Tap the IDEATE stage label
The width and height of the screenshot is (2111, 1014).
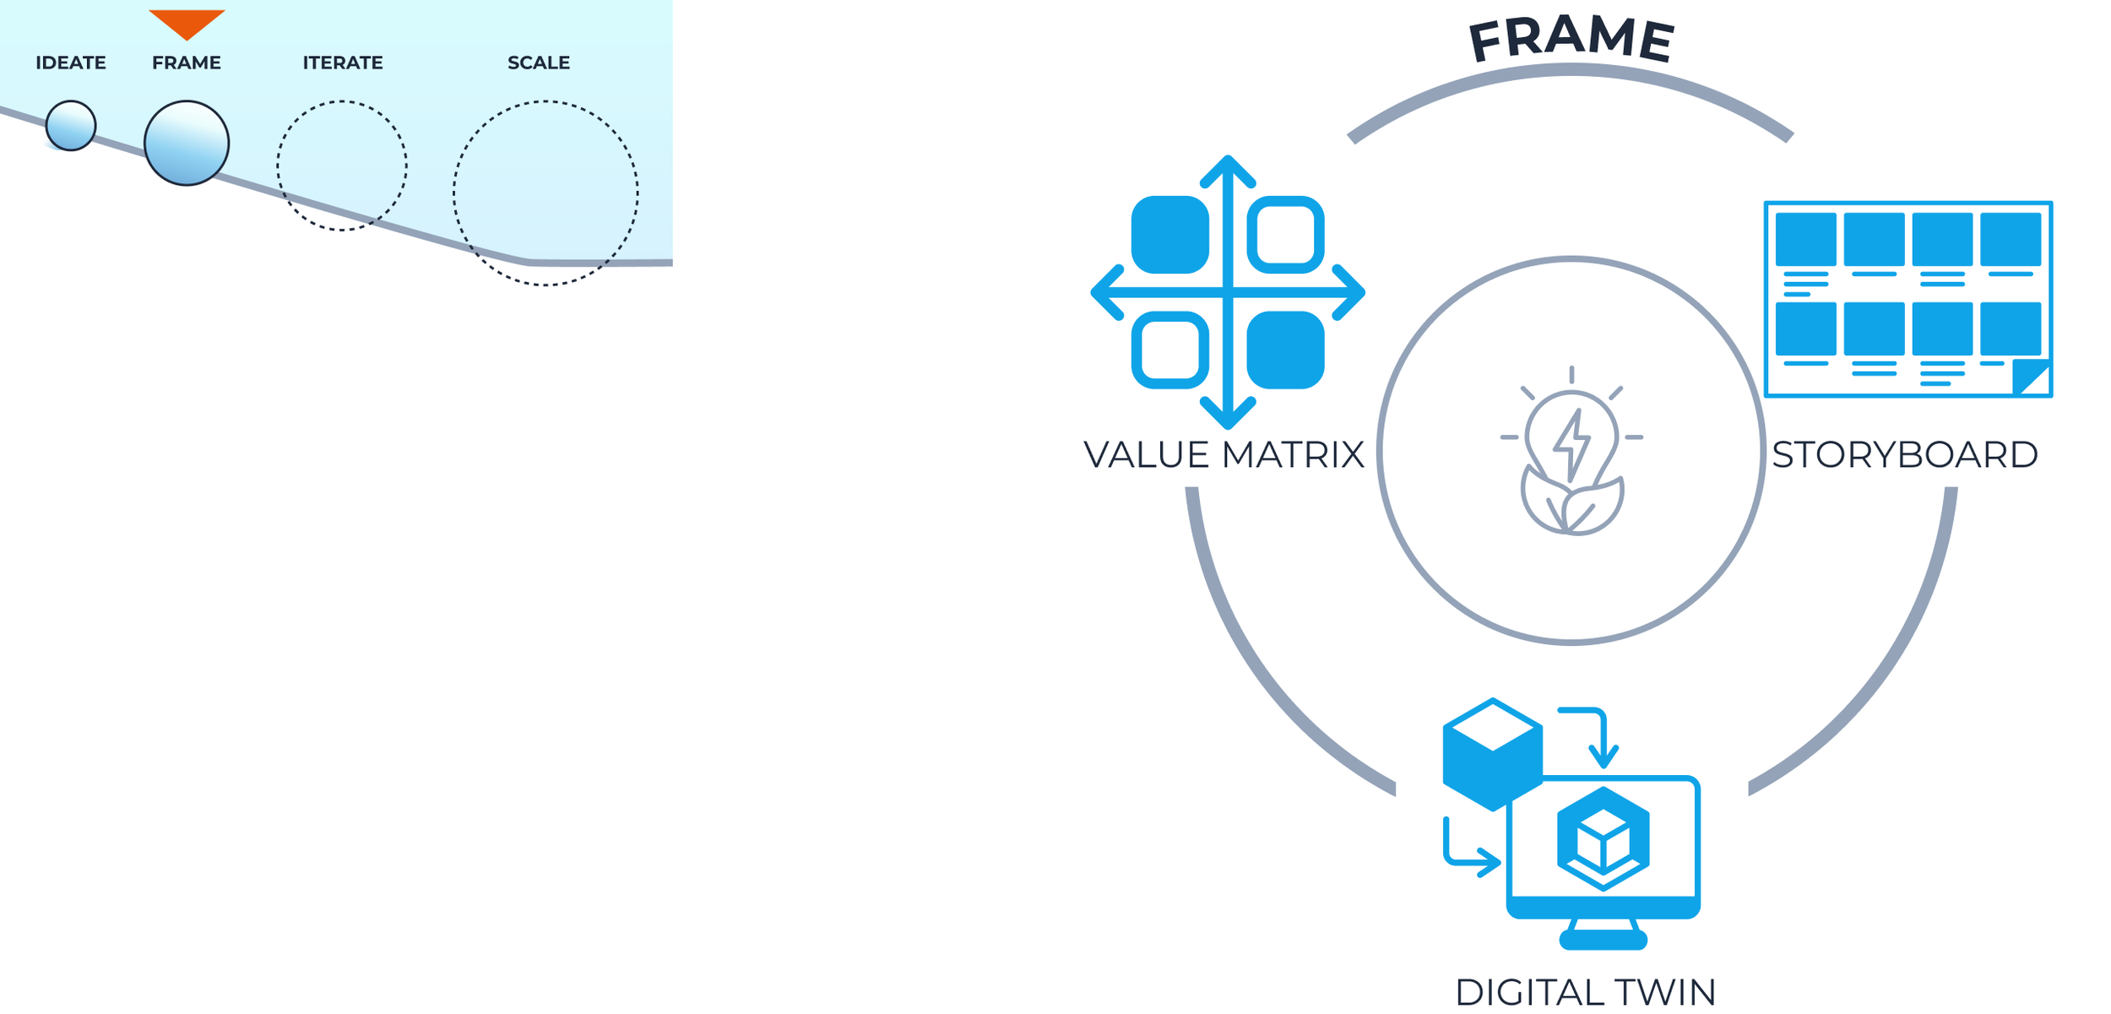coord(71,62)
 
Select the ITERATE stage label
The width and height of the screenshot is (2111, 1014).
coord(343,62)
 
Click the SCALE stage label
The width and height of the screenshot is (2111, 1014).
coord(539,62)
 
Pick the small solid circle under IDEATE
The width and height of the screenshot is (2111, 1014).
coord(71,126)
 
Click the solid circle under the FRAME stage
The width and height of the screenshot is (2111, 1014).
coord(187,143)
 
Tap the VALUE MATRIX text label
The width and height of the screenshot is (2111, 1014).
coord(1224,455)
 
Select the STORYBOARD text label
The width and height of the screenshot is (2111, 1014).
coord(1905,455)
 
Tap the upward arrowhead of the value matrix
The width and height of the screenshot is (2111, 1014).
coord(1228,169)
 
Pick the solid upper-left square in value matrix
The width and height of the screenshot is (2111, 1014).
coord(1170,235)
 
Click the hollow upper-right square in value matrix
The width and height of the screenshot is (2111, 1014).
coord(1285,235)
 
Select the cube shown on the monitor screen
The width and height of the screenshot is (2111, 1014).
coord(1603,838)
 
